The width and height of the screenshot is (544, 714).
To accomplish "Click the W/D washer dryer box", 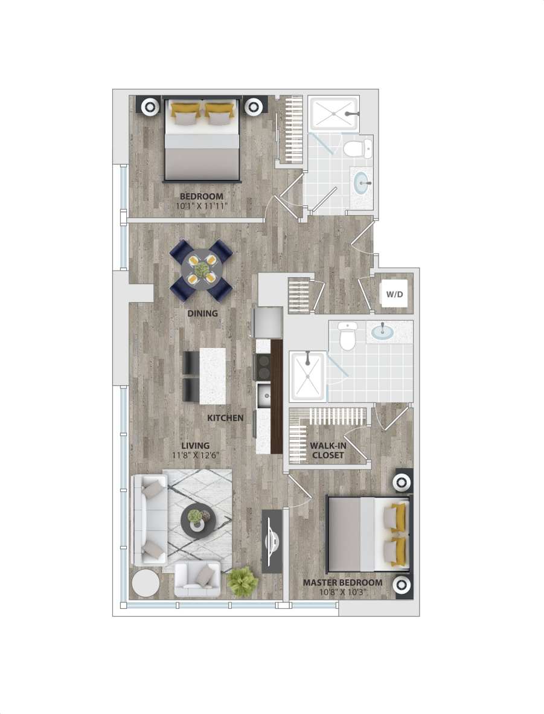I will point(395,295).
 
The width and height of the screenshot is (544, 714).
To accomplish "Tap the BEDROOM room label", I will point(202,196).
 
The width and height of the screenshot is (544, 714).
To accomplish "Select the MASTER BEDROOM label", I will point(342,582).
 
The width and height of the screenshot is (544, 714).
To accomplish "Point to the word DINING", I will point(202,314).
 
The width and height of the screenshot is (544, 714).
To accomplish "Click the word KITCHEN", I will point(225,418).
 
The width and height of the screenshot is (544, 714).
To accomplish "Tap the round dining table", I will point(202,269).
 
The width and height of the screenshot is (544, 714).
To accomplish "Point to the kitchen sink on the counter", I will point(263,396).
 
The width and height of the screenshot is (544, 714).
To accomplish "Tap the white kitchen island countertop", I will point(213,376).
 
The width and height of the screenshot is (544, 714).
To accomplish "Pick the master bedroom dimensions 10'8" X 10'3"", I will point(342,592).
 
